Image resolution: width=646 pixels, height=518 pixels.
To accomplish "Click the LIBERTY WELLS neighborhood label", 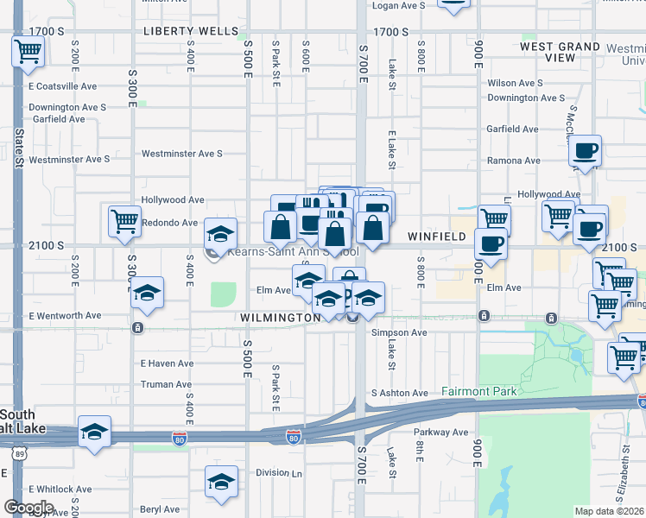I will click(190, 31).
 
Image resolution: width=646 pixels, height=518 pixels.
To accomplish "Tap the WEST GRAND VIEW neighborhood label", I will click(560, 52).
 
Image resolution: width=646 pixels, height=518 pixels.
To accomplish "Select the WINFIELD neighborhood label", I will click(437, 236).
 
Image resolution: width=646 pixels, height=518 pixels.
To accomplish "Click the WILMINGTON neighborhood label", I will click(280, 318).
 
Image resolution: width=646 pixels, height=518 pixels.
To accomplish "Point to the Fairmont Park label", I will click(479, 391).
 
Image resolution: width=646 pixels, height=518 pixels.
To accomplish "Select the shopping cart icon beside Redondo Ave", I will click(125, 221).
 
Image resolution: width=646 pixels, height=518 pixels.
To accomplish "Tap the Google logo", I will click(28, 507).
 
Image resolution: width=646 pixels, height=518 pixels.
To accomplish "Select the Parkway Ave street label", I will click(441, 432).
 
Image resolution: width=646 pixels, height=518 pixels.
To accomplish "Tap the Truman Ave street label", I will click(166, 384).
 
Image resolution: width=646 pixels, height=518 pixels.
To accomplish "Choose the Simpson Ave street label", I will click(399, 332).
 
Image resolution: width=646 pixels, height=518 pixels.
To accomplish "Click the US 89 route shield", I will click(19, 452).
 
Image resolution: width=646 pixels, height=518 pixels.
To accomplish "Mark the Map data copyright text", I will click(610, 511).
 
